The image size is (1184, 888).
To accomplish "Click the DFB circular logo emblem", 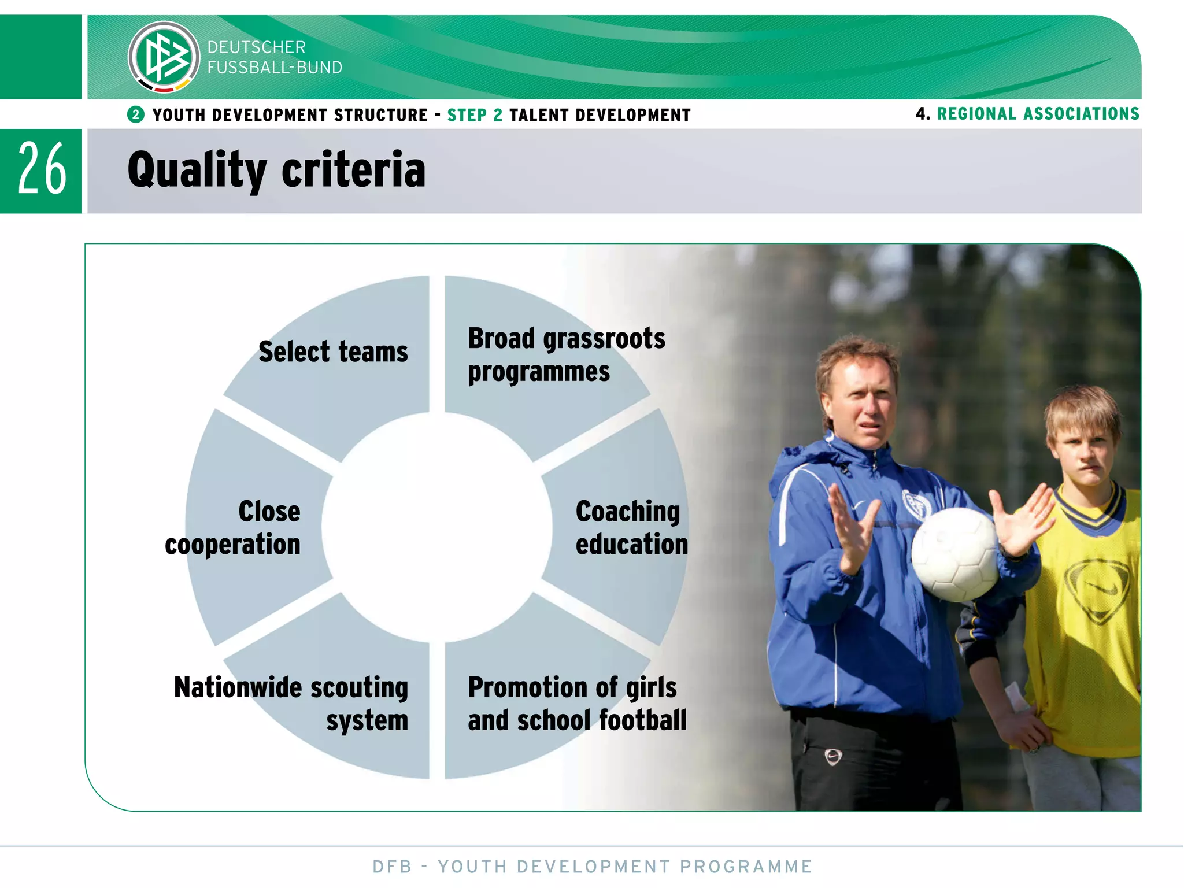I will (x=164, y=57).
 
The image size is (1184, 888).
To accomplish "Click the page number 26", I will (x=42, y=169).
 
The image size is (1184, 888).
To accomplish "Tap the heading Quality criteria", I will (x=276, y=170).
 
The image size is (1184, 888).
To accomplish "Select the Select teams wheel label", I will (x=333, y=351).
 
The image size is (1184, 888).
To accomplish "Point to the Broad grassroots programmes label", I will (x=566, y=354).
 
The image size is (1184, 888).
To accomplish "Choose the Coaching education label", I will (x=631, y=527).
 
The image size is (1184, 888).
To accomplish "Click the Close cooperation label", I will (x=233, y=527).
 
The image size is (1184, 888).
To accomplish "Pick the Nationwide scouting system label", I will (x=291, y=704).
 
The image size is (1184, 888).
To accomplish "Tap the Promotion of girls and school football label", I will (x=577, y=704).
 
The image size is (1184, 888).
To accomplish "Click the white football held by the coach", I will (x=954, y=554).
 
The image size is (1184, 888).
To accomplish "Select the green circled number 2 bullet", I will (x=136, y=114).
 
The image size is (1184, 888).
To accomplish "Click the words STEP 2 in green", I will (x=475, y=115).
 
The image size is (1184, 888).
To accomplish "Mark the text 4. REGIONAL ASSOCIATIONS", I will (x=1027, y=113).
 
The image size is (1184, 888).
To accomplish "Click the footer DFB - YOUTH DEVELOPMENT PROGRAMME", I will (x=592, y=867).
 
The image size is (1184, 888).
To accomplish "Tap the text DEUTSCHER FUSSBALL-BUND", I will (x=275, y=57).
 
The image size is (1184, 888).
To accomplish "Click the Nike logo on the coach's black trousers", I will (x=832, y=756).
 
